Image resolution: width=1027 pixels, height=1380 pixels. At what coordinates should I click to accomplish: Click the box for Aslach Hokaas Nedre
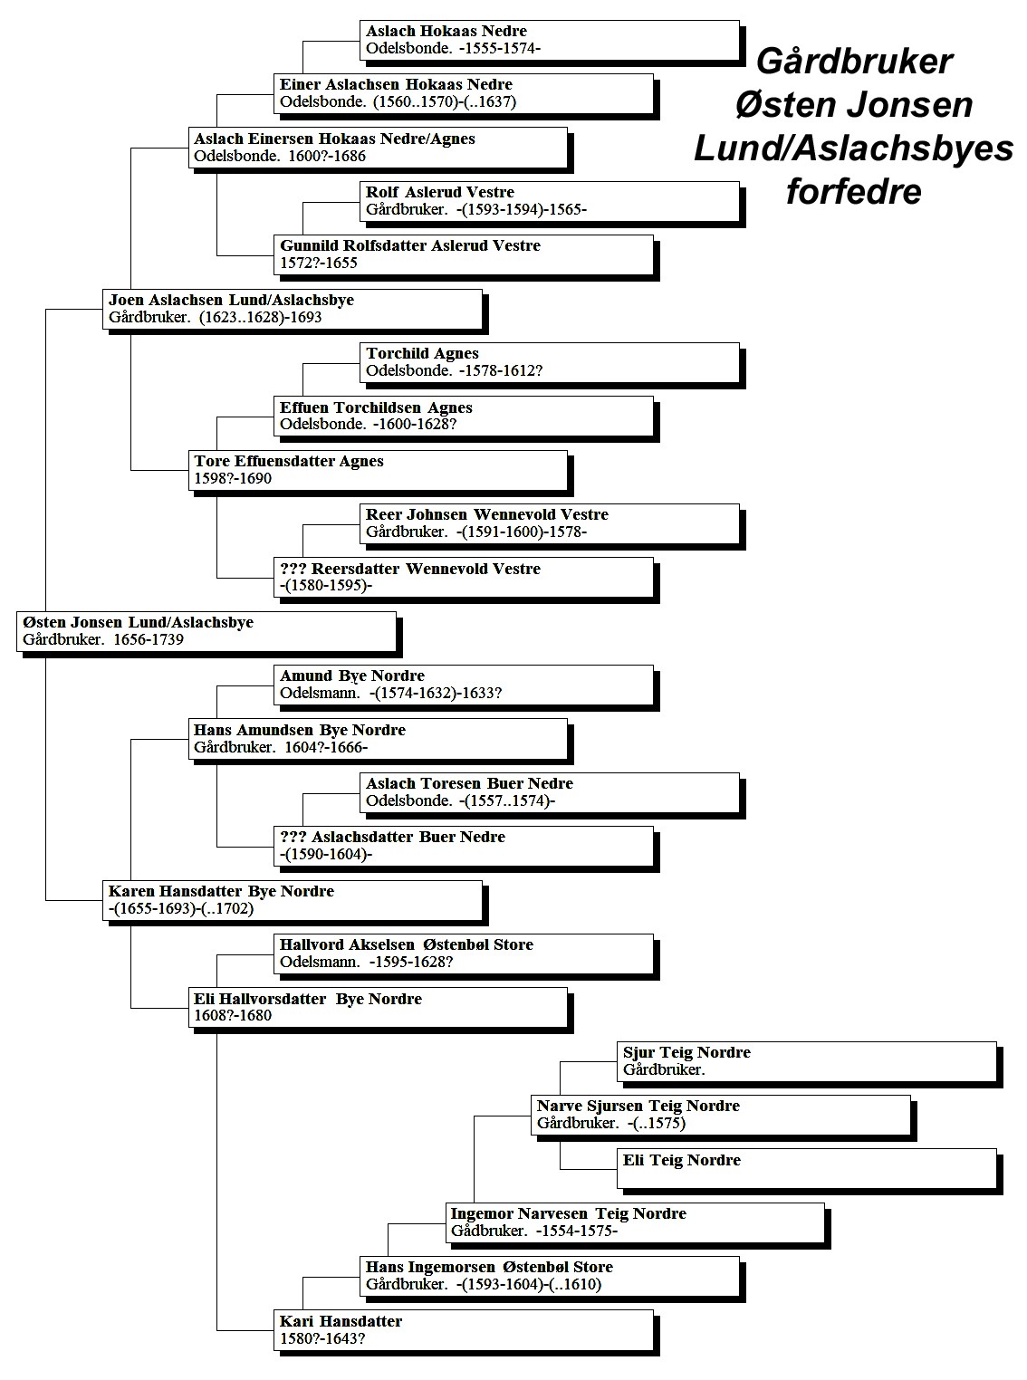click(x=550, y=41)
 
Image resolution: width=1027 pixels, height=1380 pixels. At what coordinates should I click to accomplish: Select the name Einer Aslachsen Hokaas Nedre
click(x=396, y=84)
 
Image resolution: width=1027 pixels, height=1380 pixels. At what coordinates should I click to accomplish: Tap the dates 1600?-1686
click(x=327, y=156)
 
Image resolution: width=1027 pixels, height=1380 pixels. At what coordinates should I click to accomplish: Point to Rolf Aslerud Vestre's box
click(x=550, y=202)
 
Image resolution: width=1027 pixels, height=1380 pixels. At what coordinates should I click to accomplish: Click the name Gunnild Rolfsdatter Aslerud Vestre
click(x=410, y=245)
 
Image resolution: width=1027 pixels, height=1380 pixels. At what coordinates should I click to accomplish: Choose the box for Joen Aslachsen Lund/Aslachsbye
click(x=293, y=309)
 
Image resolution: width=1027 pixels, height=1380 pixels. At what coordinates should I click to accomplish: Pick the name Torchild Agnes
click(x=422, y=353)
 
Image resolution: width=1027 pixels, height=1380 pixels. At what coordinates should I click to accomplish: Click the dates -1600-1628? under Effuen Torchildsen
click(x=415, y=425)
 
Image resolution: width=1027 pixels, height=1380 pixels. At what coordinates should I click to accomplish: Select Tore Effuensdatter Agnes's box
click(x=378, y=470)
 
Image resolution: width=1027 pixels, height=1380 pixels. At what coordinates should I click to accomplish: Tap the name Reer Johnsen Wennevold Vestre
click(x=486, y=514)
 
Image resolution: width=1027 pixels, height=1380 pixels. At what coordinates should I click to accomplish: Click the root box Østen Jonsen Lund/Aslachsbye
click(x=206, y=632)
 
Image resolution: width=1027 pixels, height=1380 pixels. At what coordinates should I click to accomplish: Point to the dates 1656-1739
click(x=149, y=639)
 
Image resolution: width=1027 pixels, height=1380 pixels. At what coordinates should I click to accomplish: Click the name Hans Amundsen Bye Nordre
click(x=300, y=730)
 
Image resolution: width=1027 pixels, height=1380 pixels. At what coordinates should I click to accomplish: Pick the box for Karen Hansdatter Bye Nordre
click(x=293, y=900)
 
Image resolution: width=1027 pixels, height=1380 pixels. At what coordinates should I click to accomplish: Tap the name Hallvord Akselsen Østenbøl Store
click(x=407, y=944)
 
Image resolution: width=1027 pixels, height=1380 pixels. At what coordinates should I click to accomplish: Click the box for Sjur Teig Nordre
click(x=807, y=1062)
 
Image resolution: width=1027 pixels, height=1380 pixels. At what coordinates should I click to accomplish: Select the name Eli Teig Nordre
click(x=682, y=1160)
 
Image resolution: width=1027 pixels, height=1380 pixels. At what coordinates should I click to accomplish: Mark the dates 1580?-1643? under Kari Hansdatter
click(x=322, y=1338)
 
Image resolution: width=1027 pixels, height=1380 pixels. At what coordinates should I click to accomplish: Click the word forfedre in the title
click(x=853, y=192)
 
